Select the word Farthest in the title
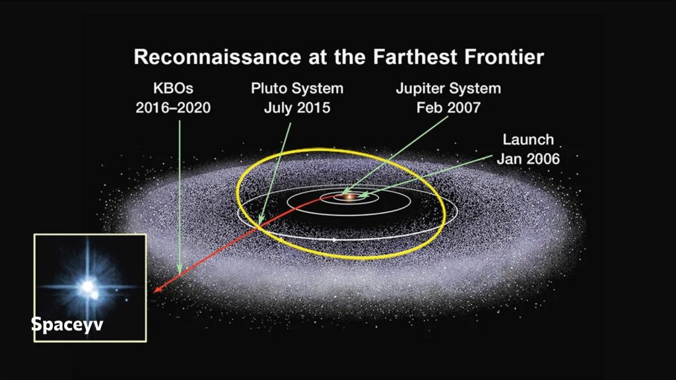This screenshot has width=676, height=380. point(409,57)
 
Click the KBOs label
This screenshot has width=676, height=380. point(173,88)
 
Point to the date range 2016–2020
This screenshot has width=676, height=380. point(173,107)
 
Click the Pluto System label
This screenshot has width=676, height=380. point(297,88)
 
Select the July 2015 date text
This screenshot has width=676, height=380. point(297,107)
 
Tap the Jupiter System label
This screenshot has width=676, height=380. point(448,88)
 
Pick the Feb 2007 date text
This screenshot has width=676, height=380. point(448,107)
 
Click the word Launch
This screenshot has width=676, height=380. point(528,140)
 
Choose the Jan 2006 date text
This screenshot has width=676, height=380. point(528,158)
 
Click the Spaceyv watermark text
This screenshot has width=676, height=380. point(67,325)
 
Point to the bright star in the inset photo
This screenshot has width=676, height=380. point(86,287)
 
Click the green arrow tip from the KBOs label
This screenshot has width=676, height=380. point(179,271)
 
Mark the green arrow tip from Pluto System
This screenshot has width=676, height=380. point(260,222)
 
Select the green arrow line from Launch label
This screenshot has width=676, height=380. point(429,175)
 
